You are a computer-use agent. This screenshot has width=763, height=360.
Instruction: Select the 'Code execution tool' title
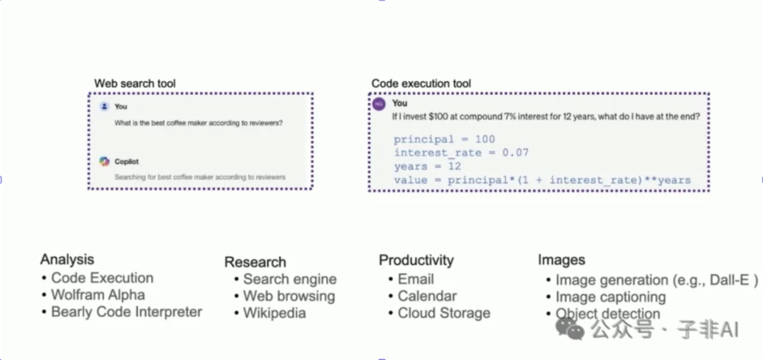(421, 83)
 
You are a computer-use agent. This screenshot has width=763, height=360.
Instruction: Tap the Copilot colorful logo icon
(105, 161)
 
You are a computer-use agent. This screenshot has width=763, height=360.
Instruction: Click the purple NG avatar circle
(379, 104)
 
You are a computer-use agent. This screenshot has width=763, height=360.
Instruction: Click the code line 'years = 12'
(427, 166)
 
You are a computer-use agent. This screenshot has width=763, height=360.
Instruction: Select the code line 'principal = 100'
(444, 140)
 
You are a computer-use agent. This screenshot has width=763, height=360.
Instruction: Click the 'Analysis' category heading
(67, 259)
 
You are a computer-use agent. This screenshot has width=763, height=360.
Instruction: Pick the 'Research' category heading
(255, 262)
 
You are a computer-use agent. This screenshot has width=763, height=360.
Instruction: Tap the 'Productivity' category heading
(416, 260)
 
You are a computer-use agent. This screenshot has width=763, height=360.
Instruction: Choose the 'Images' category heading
(562, 261)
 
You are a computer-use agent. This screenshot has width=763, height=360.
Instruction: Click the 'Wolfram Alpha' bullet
(98, 295)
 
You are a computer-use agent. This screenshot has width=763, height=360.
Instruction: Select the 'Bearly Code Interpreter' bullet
(127, 312)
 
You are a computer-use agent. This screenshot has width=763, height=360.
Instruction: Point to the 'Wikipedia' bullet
(275, 313)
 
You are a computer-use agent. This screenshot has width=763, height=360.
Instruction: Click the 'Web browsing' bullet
(289, 296)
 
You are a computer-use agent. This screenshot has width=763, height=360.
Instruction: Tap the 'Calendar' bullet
(427, 296)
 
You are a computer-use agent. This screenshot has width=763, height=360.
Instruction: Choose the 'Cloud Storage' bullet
(444, 313)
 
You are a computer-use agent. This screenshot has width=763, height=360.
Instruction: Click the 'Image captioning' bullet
(610, 297)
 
